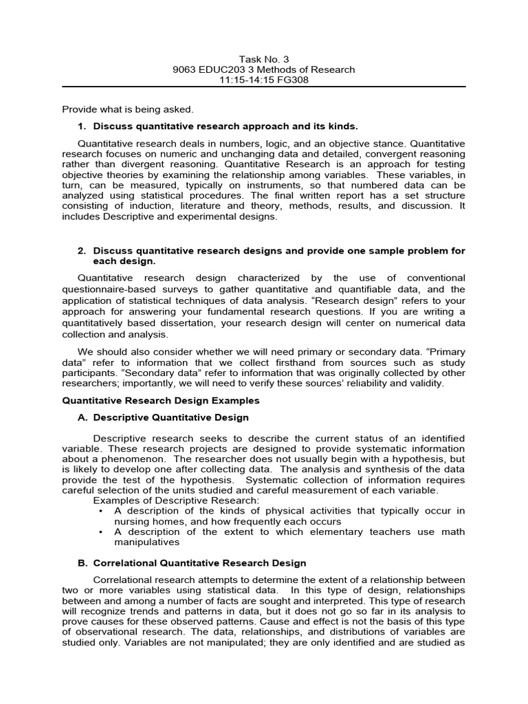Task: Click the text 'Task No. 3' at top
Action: click(x=263, y=58)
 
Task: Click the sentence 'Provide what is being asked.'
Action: click(x=128, y=109)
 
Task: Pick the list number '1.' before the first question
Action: click(x=82, y=126)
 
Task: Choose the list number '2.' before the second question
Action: click(x=82, y=251)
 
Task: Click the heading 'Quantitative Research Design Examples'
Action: click(x=161, y=400)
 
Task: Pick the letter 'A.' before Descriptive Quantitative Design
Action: click(x=82, y=417)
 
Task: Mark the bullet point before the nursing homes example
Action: click(x=101, y=511)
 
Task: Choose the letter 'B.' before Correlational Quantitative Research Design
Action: click(x=82, y=563)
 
